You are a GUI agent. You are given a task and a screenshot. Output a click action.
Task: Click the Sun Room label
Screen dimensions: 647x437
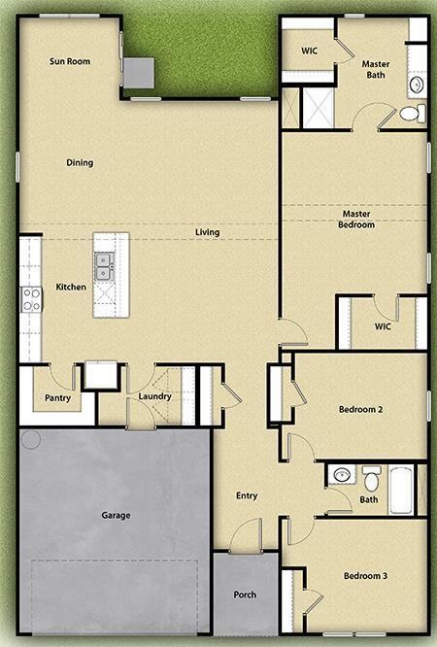[x=70, y=62]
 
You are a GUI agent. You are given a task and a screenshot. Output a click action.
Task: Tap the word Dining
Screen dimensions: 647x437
[x=80, y=162]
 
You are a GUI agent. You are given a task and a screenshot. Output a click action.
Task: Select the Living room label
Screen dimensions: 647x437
[x=207, y=232]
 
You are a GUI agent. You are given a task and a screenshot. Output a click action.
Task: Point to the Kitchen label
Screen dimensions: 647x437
[x=71, y=288]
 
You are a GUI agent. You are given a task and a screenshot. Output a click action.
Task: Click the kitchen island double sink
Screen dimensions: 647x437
[x=104, y=260]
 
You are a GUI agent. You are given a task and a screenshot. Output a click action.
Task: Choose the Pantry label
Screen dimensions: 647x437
[x=57, y=397]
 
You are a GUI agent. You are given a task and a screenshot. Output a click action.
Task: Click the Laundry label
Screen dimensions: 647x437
[x=155, y=396]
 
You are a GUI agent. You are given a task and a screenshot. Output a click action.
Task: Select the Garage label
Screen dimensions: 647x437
[x=116, y=515]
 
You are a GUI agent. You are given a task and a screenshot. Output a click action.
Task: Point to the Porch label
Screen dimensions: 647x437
[x=246, y=595]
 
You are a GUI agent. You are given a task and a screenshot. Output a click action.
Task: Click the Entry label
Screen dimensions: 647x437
[x=247, y=496]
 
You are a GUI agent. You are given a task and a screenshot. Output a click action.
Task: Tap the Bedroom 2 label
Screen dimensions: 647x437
[x=360, y=410]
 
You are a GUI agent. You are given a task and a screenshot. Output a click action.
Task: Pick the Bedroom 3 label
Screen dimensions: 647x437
[x=365, y=576]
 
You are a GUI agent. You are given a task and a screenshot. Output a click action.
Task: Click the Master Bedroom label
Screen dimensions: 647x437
[x=356, y=219]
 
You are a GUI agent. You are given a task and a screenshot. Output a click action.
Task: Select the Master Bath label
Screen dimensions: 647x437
[x=376, y=69]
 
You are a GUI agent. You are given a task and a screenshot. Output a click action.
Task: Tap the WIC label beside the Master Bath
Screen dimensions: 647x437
[x=310, y=51]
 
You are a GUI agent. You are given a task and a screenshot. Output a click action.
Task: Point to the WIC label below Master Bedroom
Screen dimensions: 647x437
[x=384, y=326]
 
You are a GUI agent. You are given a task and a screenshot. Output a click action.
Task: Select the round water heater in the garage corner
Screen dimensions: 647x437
[x=30, y=439]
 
